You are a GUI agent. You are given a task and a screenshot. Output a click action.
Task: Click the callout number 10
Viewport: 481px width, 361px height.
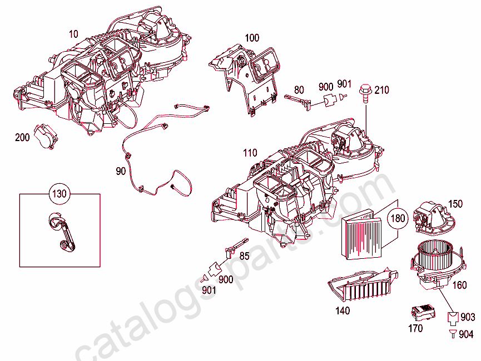tap(73, 34)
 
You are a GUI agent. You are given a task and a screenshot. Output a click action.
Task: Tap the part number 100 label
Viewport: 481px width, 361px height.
tap(252, 38)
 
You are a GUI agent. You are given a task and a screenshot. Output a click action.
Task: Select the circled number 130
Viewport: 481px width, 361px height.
tap(59, 194)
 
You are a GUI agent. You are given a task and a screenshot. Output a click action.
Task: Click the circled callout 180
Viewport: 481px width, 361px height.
tap(398, 218)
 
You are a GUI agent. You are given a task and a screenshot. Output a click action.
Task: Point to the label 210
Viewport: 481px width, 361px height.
tap(382, 90)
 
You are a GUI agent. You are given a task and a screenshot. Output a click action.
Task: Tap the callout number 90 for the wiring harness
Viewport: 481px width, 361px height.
tap(121, 171)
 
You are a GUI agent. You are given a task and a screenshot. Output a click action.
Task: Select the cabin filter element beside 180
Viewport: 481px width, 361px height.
tap(361, 234)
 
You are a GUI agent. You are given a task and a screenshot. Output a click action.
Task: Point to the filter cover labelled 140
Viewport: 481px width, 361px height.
tap(363, 285)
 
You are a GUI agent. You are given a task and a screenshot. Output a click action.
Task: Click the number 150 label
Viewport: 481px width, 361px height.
tap(455, 204)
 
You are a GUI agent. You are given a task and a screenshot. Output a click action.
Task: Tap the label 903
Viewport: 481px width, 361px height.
tap(468, 317)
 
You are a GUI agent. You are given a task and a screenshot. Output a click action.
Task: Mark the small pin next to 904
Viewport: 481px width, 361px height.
tap(453, 333)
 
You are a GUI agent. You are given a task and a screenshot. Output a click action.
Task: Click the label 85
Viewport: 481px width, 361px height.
tap(244, 256)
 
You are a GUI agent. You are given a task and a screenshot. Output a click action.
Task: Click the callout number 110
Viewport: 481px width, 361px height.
tap(250, 153)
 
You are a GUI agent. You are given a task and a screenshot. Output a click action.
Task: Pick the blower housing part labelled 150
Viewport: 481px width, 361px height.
tap(433, 218)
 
